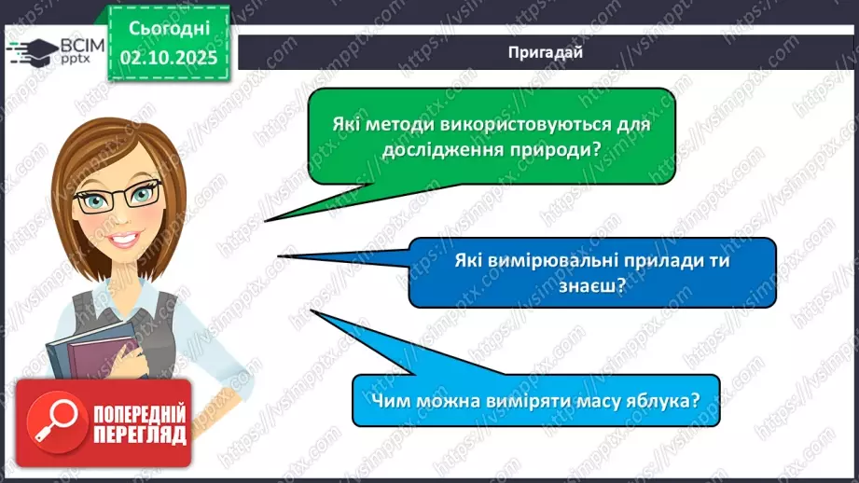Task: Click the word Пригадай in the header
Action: coord(547,52)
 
